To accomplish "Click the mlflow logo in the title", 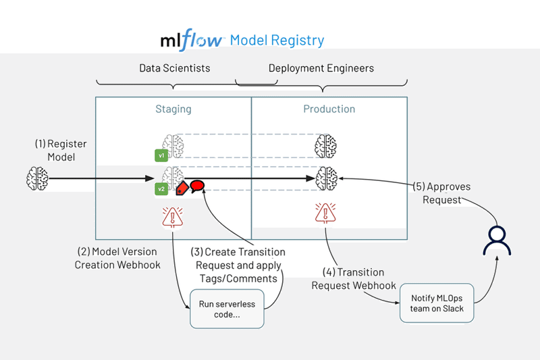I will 192,41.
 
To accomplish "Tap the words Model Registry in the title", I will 277,41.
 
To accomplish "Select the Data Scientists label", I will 174,68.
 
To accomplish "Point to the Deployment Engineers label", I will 321,68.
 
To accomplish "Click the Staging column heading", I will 173,109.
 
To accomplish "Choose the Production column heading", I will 329,109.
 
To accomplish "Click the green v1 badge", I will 161,156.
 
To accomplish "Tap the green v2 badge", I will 161,189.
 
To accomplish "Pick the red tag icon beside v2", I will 182,188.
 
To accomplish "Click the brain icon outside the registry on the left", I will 37,179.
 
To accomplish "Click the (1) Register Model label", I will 61,151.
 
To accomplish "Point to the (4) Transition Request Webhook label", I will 352,279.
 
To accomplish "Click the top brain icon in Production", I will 326,145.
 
